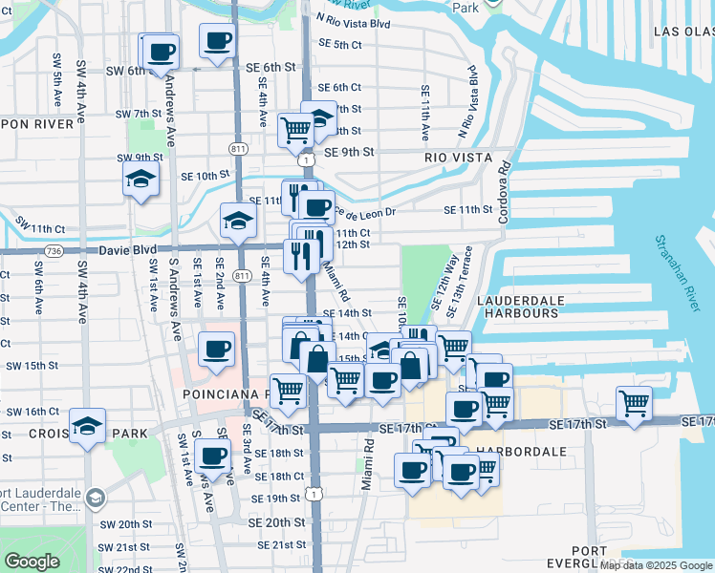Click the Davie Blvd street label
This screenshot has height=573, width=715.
(x=128, y=250)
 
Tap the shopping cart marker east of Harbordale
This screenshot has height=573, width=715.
(x=634, y=404)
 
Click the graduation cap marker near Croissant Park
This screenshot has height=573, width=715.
(x=88, y=426)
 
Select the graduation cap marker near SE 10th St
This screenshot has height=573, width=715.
(x=141, y=179)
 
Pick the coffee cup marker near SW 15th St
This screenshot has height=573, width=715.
(x=216, y=349)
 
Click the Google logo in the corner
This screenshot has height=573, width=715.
(x=32, y=561)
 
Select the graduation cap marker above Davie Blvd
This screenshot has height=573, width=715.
(x=238, y=222)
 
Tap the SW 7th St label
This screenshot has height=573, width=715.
(x=140, y=114)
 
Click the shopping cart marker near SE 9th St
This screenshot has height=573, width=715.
(x=295, y=128)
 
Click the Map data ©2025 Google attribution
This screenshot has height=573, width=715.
(x=657, y=565)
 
